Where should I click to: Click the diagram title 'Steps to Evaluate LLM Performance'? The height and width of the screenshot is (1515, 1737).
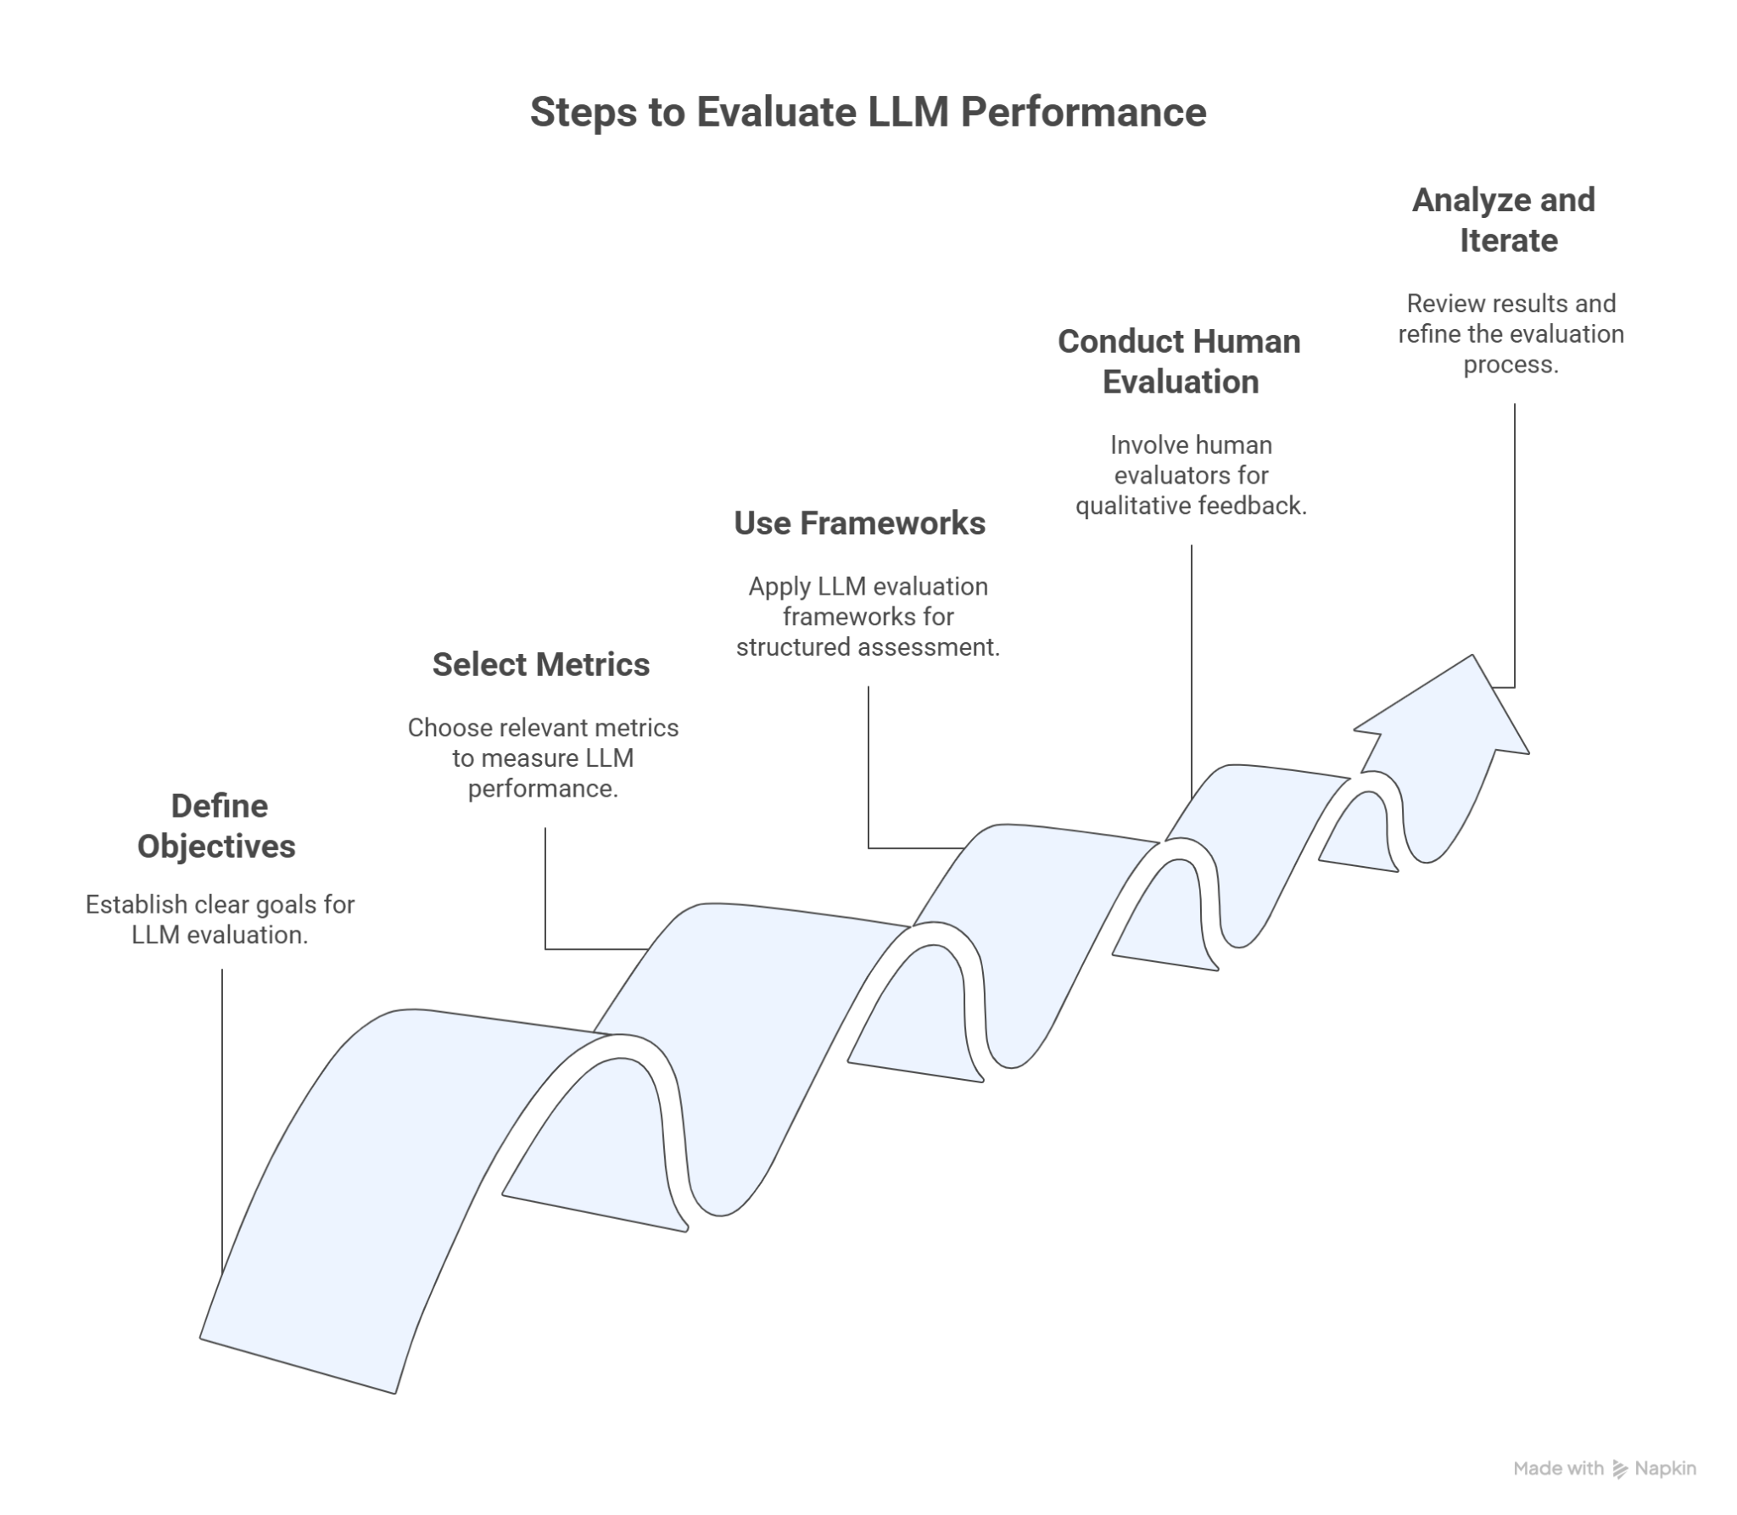(868, 112)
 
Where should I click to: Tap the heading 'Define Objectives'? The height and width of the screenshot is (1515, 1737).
(218, 825)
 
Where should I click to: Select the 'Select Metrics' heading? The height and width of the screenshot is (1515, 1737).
(540, 664)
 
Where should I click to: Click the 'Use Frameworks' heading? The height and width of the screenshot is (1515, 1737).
(859, 523)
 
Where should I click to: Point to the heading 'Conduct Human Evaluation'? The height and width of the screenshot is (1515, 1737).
(1179, 361)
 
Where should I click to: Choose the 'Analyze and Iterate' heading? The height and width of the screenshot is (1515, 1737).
(1504, 220)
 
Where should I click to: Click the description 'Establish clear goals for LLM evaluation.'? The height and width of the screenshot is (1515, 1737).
(220, 920)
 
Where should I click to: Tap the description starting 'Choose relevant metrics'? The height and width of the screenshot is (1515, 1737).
(543, 757)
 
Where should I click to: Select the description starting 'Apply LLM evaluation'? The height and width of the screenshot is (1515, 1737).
(868, 617)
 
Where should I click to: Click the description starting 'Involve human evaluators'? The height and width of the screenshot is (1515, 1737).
(1191, 475)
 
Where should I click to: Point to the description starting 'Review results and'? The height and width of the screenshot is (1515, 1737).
(1511, 333)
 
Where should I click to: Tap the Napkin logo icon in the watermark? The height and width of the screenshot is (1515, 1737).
(1620, 1469)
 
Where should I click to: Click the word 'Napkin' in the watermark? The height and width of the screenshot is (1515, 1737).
(1666, 1468)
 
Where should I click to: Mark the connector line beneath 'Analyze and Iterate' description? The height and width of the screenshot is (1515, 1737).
(1515, 543)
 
